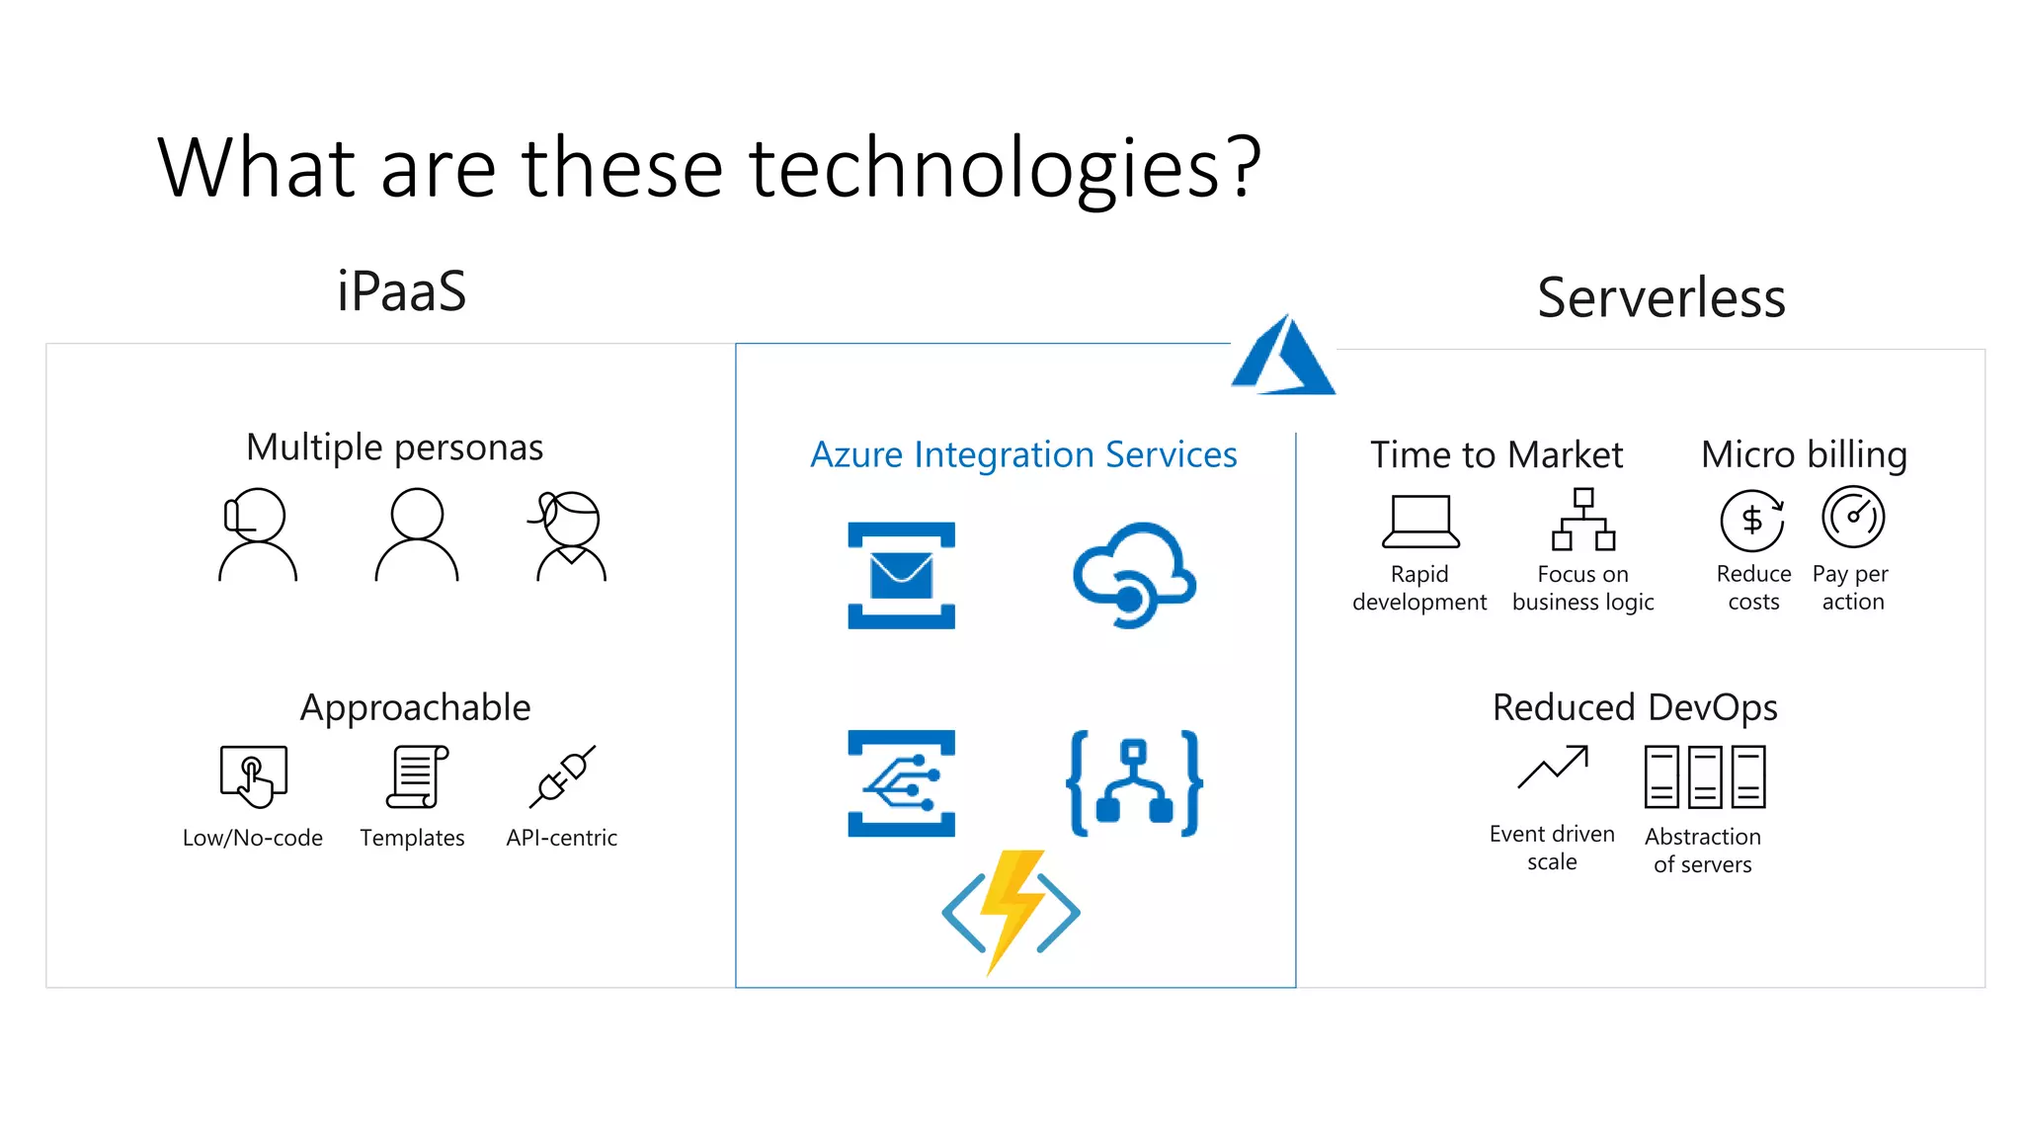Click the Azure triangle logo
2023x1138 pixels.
1284,358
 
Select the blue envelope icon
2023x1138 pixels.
901,575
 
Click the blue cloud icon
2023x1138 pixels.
1134,575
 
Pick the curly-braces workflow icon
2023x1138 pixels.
1134,783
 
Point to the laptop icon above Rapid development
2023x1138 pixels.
1420,521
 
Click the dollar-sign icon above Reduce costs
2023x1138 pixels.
1751,520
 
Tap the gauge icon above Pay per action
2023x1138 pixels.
1853,517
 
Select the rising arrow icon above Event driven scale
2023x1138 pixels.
1553,768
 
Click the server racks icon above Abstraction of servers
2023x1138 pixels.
1704,776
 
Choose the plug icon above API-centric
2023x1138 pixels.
562,776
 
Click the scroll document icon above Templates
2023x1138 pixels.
416,776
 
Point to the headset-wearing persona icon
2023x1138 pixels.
257,534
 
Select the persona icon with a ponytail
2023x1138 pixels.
570,534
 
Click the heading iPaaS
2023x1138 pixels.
401,291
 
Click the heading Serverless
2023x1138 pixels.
1660,297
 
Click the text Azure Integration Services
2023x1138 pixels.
1023,454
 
